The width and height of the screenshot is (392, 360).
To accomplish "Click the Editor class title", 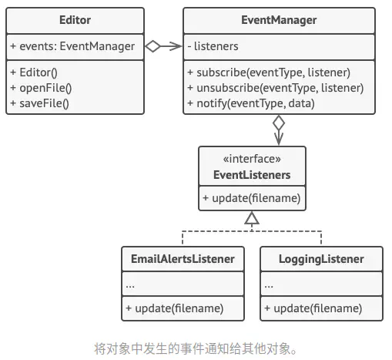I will (x=75, y=20).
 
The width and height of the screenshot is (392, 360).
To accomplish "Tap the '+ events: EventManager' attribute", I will (x=72, y=46).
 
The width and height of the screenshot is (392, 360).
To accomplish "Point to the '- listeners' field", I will (x=213, y=46).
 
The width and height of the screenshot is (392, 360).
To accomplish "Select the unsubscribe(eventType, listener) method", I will (x=275, y=87).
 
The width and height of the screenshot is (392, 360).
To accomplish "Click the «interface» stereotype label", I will (x=251, y=160).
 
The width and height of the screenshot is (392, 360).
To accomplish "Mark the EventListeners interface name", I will (x=251, y=175).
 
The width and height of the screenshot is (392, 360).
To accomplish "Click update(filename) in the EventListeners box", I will (x=251, y=199).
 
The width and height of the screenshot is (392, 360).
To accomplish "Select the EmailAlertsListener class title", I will (x=182, y=258).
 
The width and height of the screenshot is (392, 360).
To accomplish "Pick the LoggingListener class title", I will (x=321, y=258).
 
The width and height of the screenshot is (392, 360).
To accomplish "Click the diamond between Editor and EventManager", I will (x=154, y=46).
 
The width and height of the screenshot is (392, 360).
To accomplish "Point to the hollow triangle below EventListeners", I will (x=251, y=219).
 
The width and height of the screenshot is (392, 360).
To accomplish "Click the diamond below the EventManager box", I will (x=278, y=123).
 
